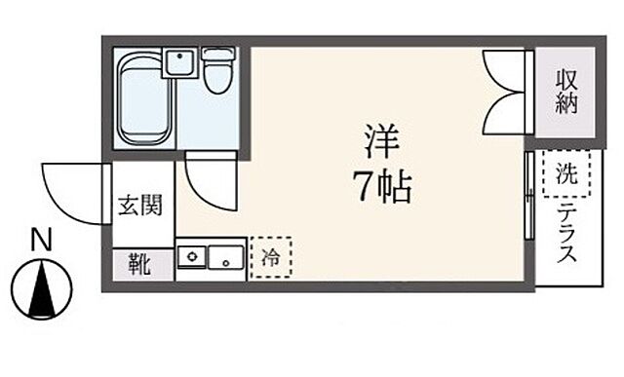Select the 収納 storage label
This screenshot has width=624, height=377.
(566, 92)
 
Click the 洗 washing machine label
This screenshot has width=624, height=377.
(565, 174)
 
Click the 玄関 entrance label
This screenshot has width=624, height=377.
(140, 206)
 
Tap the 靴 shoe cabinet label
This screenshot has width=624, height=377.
(138, 264)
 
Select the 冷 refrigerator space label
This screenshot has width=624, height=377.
(270, 258)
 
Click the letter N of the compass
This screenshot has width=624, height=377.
(40, 239)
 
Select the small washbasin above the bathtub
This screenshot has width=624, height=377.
(178, 65)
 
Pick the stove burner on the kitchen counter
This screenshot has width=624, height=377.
(192, 259)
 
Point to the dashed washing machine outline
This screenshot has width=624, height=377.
(565, 175)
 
